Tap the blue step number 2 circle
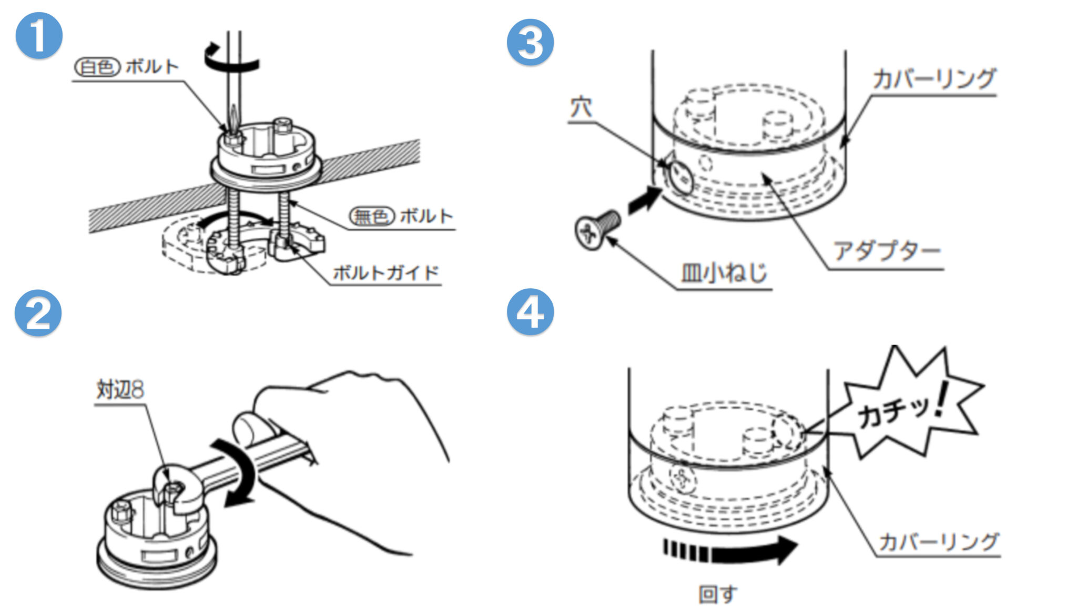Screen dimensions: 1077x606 point(38,313)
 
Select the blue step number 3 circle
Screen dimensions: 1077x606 point(530,42)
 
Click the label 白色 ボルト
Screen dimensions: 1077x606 point(127,67)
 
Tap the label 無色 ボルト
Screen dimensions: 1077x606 point(401,216)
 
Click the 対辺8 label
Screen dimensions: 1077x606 point(120,390)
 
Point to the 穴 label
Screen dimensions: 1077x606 point(581,108)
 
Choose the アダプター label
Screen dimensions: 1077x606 point(887,251)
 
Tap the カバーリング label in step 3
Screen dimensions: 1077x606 point(934,79)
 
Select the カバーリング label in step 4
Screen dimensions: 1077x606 point(939,541)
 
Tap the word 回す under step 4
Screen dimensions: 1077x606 point(717,594)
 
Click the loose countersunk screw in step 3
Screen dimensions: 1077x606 point(597,229)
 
